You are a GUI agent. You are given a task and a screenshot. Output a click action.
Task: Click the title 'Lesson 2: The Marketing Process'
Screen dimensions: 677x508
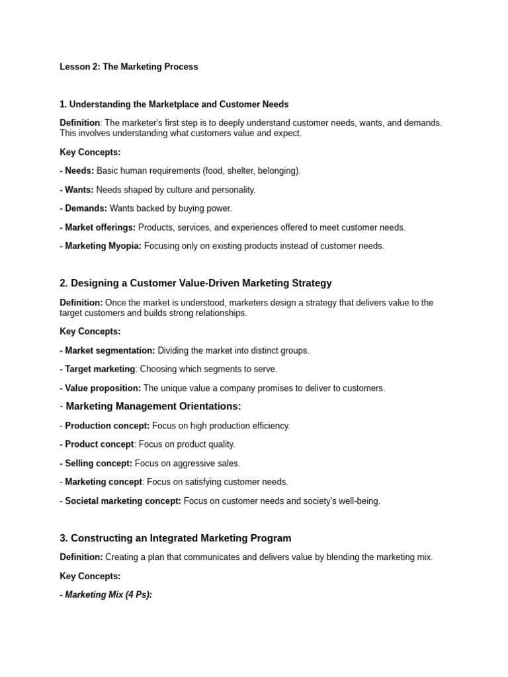click(x=128, y=67)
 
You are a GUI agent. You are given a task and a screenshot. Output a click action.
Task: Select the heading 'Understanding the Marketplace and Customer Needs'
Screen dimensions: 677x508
click(x=179, y=104)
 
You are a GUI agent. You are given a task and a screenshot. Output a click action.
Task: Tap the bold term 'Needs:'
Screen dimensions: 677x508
click(x=79, y=171)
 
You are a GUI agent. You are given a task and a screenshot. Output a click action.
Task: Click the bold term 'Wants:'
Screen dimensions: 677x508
click(x=79, y=190)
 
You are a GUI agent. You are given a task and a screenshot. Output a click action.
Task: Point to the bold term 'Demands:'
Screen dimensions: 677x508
click(x=86, y=208)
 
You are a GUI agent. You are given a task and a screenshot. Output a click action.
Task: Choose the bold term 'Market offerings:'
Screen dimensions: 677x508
click(x=100, y=227)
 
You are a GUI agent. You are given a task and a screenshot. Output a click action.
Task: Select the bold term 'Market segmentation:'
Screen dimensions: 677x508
click(x=110, y=350)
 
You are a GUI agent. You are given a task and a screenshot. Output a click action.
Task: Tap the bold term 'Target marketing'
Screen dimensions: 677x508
click(x=100, y=369)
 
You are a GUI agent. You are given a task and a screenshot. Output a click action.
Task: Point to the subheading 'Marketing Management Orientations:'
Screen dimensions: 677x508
click(x=153, y=407)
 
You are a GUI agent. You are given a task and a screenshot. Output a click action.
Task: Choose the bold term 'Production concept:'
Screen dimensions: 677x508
click(x=107, y=426)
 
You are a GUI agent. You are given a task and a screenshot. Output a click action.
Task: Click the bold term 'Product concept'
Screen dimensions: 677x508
click(x=99, y=444)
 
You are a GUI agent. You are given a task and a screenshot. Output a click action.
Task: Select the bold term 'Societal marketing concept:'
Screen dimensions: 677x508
click(x=123, y=501)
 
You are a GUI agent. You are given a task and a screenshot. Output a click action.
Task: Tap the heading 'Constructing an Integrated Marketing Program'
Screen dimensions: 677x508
click(x=181, y=538)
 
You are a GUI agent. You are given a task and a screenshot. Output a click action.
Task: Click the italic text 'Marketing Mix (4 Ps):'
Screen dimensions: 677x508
click(x=108, y=576)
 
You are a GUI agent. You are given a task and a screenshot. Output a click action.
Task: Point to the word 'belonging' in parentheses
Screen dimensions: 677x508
click(x=276, y=171)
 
